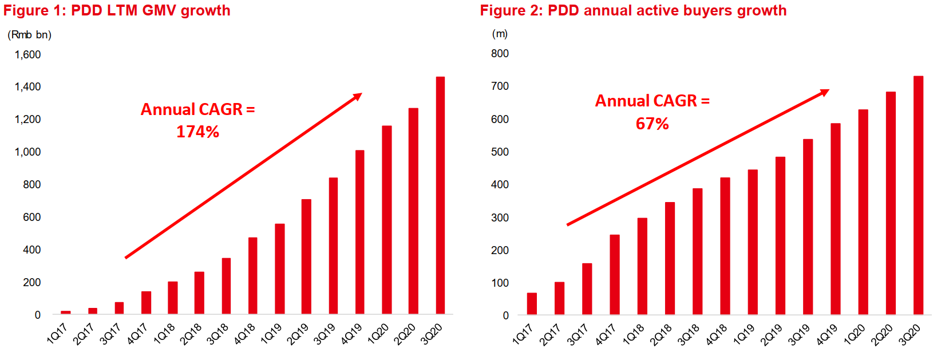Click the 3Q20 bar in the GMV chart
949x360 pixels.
click(x=440, y=195)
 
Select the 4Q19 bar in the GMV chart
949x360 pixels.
click(x=359, y=232)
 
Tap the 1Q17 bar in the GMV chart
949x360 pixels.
click(x=66, y=312)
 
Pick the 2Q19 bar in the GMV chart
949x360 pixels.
click(x=306, y=256)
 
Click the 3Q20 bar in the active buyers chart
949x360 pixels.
click(x=918, y=195)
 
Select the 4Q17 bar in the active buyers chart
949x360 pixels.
click(x=615, y=274)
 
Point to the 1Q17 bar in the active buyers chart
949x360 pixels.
click(x=532, y=303)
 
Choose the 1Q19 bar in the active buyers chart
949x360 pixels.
click(x=753, y=242)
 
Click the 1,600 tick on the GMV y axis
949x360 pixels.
click(x=27, y=55)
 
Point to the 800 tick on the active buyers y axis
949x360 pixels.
click(x=500, y=54)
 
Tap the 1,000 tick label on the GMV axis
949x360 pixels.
click(x=27, y=152)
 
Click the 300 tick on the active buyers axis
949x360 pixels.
click(x=500, y=217)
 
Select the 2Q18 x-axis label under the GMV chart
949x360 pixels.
click(x=191, y=334)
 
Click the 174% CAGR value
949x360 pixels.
click(x=197, y=132)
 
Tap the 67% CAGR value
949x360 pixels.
click(x=652, y=124)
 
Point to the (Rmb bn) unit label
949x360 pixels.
click(x=29, y=35)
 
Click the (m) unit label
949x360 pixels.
click(x=500, y=34)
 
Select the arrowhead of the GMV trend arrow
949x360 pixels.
click(x=358, y=96)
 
